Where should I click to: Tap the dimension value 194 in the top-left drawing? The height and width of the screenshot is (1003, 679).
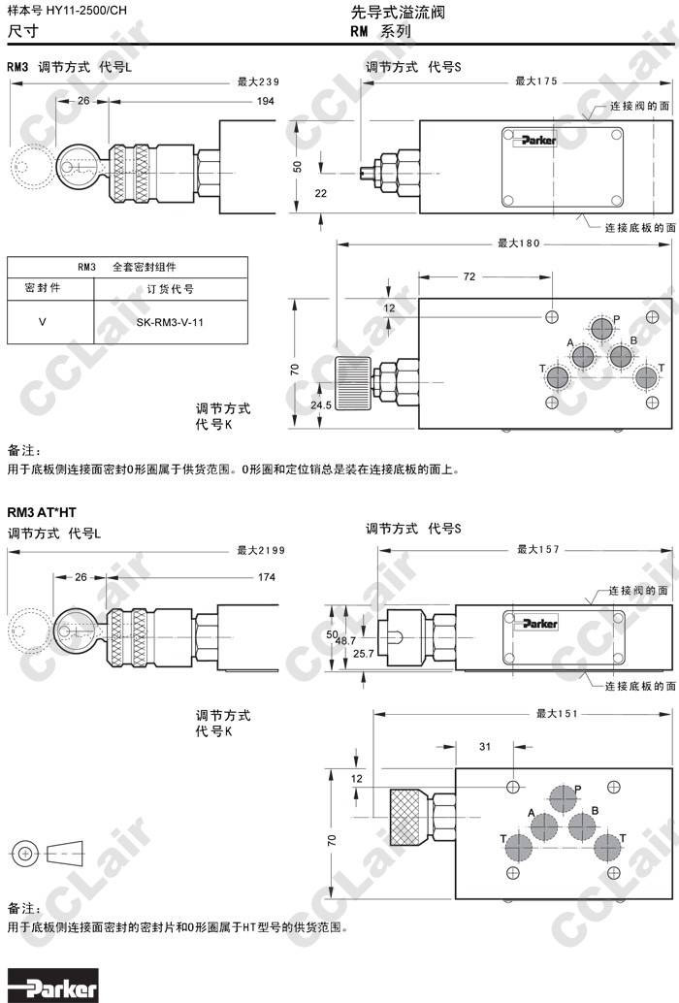tap(265, 101)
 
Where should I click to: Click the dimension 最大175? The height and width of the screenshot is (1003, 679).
tap(535, 81)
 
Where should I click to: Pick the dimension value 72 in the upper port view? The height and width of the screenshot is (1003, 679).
tap(469, 277)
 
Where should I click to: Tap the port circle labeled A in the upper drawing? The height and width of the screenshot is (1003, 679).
tap(583, 357)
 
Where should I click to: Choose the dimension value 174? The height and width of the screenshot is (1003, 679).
tap(265, 577)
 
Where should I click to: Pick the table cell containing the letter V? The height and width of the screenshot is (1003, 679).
tap(42, 321)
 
